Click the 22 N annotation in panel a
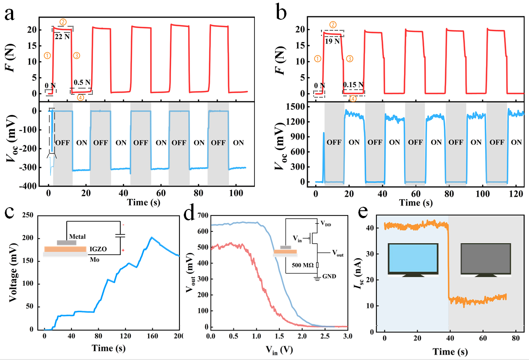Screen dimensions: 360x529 61,37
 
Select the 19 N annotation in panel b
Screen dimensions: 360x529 332,41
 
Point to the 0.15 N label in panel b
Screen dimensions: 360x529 353,84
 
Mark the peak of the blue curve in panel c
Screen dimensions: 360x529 151,238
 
